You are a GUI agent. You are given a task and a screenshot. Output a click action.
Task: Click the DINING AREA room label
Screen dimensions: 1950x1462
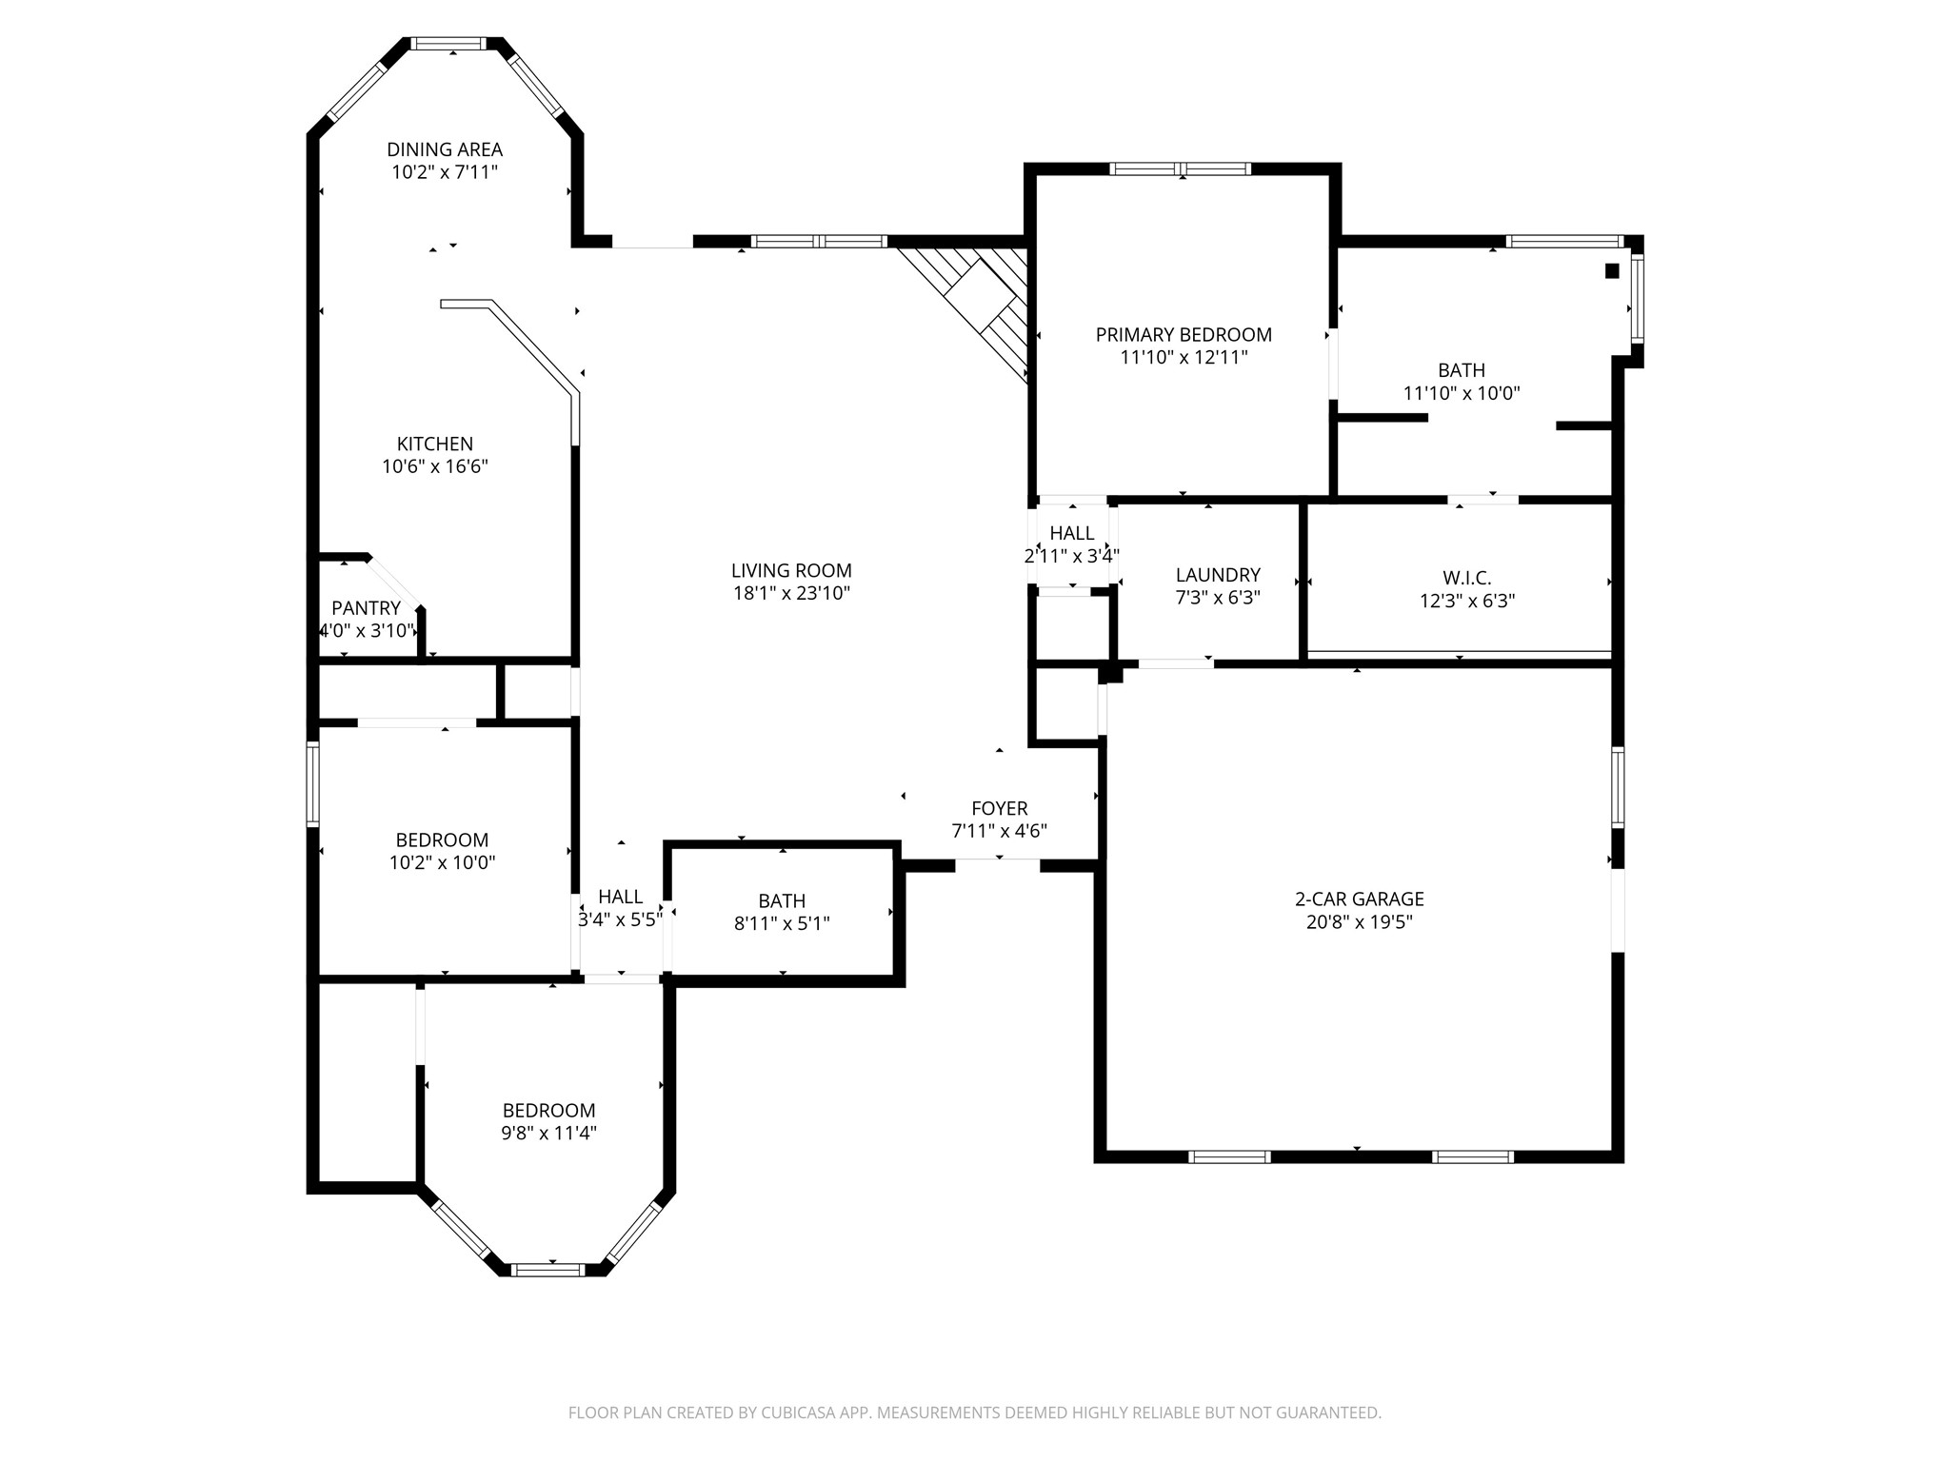(x=445, y=149)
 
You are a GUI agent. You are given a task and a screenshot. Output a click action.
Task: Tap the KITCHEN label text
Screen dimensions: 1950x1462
(x=435, y=444)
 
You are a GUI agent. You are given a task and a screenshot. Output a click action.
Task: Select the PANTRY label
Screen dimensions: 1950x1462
(x=366, y=608)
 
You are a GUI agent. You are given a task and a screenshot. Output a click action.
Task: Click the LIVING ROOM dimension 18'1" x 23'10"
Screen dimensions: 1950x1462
(x=790, y=594)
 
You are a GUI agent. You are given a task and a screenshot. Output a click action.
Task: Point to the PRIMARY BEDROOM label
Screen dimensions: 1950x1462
(x=1184, y=335)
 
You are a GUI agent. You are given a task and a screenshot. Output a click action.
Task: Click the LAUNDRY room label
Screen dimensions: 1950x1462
(x=1218, y=575)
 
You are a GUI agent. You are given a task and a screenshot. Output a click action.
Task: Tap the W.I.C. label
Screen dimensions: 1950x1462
(x=1467, y=578)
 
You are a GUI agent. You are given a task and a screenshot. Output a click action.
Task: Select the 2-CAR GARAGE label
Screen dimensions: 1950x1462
(x=1360, y=899)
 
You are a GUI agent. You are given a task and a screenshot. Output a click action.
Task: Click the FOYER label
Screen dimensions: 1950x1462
(x=1000, y=808)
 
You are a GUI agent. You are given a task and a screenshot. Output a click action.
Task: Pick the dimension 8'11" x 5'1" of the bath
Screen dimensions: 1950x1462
(x=782, y=924)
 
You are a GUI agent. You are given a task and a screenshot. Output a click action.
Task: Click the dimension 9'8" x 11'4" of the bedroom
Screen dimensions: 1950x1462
(x=549, y=1134)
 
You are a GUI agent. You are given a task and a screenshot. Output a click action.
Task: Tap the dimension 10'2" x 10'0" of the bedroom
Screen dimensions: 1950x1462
(x=443, y=863)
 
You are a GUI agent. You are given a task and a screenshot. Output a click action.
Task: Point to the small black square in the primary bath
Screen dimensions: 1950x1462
(x=1612, y=271)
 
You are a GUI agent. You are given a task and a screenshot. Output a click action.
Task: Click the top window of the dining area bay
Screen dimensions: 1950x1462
(x=448, y=43)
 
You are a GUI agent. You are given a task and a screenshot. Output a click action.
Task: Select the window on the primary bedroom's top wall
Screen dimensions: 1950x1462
(x=1181, y=169)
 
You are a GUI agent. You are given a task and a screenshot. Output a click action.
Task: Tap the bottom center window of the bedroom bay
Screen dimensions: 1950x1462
(x=547, y=1269)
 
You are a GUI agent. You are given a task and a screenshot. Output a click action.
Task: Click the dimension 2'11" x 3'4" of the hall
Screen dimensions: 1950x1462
(x=1072, y=557)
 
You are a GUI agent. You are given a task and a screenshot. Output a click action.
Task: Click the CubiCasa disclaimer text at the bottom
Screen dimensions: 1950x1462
(x=975, y=1413)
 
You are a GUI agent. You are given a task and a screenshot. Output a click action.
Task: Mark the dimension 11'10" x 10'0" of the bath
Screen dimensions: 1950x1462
(x=1462, y=393)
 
